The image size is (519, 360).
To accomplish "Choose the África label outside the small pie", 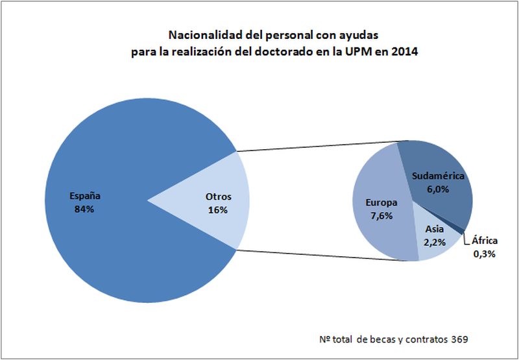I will pos(484,241).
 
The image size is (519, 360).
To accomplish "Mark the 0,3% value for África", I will pos(484,254).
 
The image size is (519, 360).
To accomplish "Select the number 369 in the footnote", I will pos(460,339).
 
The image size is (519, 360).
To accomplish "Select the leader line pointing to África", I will pos(466,241).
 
